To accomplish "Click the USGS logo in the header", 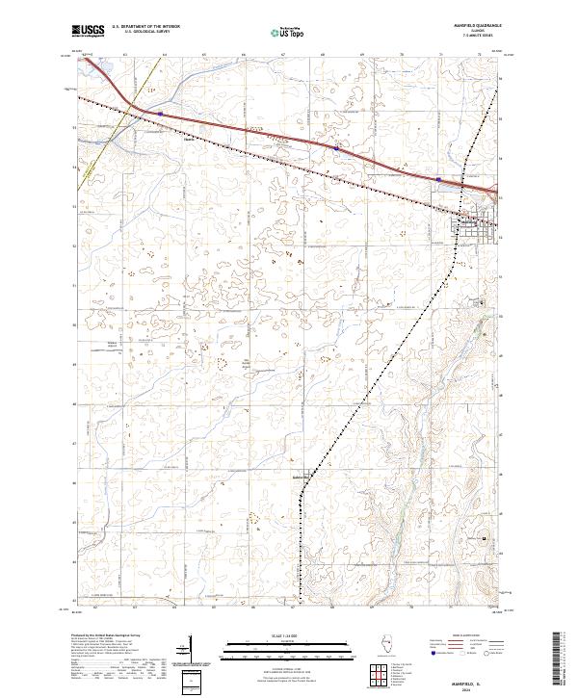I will [x=89, y=32].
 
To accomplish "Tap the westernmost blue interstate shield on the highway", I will [x=160, y=113].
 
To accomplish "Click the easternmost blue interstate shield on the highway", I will [x=439, y=178].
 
